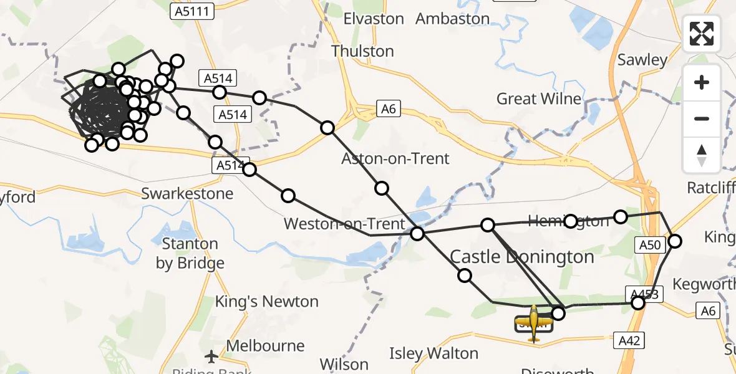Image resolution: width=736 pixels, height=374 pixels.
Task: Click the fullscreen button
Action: pos(702,34)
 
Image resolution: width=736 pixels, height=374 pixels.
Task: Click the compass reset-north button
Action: pos(702,155)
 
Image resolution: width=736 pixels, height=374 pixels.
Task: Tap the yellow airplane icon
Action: pos(534,322)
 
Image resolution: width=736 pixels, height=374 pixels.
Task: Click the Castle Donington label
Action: pos(522,257)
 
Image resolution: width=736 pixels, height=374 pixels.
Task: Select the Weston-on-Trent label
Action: pos(344,223)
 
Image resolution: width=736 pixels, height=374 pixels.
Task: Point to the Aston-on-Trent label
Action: pos(395,159)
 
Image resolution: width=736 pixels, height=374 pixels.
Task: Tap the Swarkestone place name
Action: pos(187,193)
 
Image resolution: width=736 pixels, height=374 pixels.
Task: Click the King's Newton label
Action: pos(266,302)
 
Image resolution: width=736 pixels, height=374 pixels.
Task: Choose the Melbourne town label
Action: pos(266,346)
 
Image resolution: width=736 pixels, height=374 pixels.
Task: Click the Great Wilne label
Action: pos(539,98)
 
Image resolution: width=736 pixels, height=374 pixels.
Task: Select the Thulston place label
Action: pos(363,51)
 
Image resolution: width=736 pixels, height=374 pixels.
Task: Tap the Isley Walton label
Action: pos(433,353)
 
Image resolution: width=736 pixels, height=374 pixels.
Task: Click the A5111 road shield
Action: pos(192,11)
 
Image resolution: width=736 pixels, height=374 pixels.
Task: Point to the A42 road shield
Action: pos(628,340)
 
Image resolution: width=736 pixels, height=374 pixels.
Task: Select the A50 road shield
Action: pos(650,245)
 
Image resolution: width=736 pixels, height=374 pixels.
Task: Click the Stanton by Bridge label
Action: pos(190,253)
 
